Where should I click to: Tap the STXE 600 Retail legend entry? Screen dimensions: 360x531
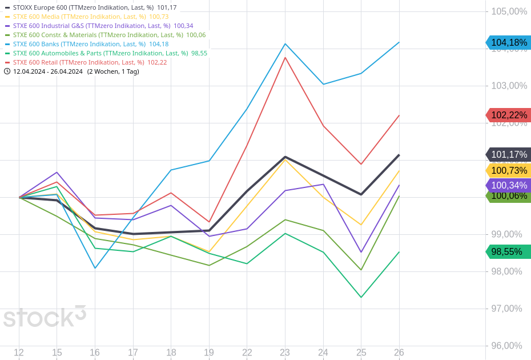86,62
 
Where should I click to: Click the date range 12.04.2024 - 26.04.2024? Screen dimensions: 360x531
48,71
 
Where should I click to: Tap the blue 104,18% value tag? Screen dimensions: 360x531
508,42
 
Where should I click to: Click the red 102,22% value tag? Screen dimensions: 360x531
508,115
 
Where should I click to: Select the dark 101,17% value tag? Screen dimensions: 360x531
508,154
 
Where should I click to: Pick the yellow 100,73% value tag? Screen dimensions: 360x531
508,170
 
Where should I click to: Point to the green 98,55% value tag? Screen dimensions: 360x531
508,251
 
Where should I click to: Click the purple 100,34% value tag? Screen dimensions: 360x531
508,185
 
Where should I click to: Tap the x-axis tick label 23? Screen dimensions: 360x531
285,353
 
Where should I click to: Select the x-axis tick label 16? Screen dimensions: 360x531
95,353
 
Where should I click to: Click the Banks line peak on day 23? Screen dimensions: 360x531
285,43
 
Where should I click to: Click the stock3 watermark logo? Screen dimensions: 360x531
45,317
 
